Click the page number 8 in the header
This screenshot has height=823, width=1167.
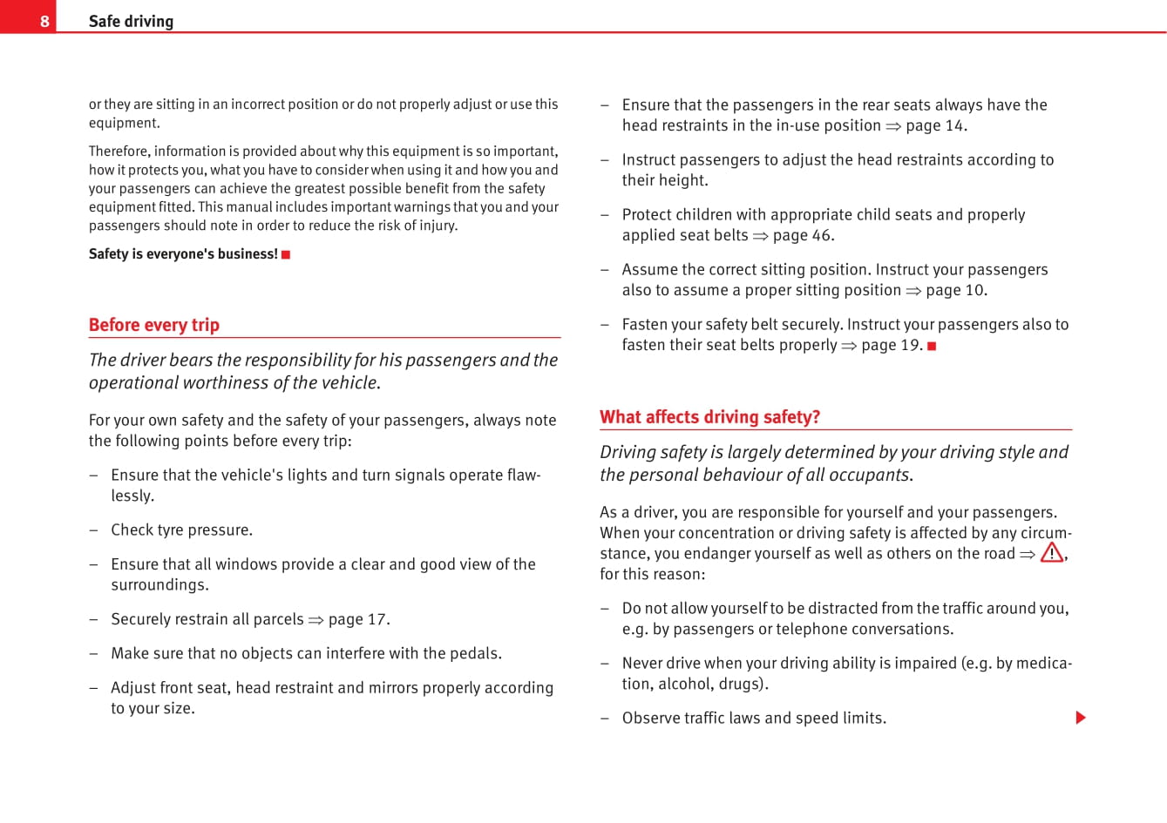click(44, 21)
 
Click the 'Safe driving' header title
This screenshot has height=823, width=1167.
click(131, 21)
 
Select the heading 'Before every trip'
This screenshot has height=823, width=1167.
click(154, 325)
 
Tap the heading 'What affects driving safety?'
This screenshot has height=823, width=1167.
click(709, 417)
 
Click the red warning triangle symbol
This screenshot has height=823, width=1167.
click(1051, 553)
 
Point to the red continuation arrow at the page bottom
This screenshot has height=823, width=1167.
click(1081, 718)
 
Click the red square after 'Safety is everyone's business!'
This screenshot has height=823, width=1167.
click(286, 254)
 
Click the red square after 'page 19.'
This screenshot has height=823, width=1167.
click(932, 346)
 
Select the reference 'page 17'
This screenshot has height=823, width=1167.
click(357, 619)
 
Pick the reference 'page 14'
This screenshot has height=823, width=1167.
click(935, 125)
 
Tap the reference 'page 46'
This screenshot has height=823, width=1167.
click(802, 235)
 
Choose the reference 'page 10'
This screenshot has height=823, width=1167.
click(955, 290)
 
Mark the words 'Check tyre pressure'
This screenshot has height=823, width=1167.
click(180, 530)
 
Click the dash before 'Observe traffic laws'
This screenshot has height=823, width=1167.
click(605, 718)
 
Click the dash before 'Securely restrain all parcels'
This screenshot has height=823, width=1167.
click(93, 619)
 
